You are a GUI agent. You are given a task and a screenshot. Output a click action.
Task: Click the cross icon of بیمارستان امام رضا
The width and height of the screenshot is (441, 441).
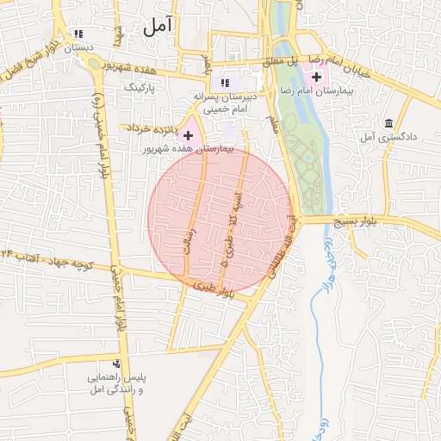pos(317,77)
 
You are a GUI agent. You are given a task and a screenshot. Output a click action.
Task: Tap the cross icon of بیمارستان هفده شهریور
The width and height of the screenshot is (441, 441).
pos(188,135)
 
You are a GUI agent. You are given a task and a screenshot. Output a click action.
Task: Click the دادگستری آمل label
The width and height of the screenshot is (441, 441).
pos(388,137)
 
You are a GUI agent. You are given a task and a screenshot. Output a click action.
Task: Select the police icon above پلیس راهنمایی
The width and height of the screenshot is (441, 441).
pos(117,364)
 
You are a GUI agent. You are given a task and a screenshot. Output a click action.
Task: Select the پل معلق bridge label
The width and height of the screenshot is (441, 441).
pos(280,60)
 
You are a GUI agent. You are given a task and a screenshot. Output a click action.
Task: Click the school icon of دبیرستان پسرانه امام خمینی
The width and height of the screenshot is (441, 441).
pos(225,83)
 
